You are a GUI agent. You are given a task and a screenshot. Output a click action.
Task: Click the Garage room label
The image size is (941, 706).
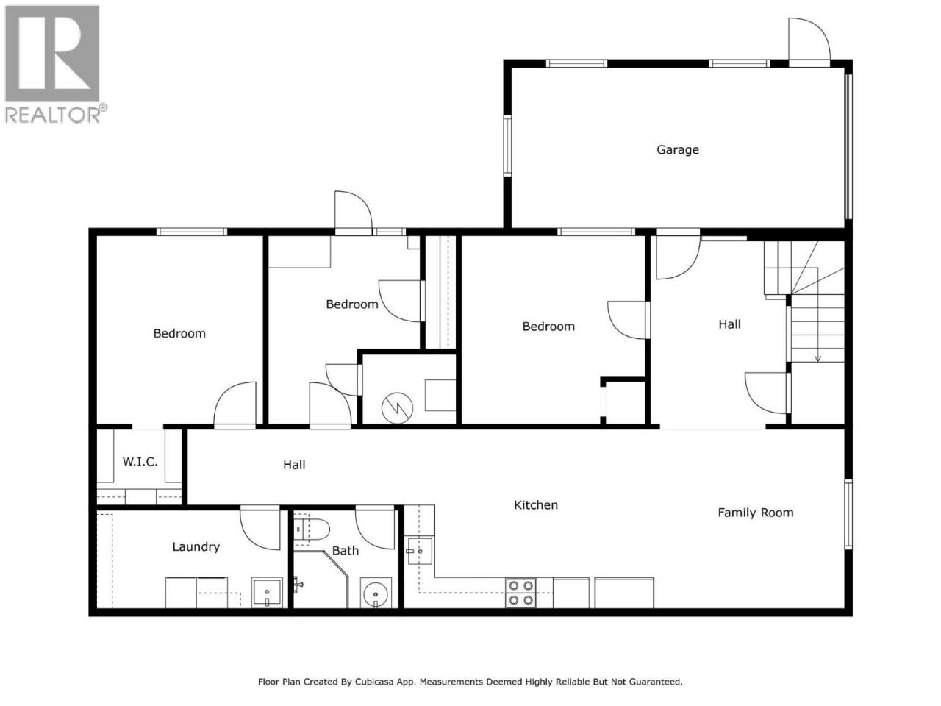(x=677, y=149)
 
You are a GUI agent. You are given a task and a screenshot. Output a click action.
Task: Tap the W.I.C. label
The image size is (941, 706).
(x=140, y=462)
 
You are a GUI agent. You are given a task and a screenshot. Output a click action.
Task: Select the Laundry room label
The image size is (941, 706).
(x=196, y=547)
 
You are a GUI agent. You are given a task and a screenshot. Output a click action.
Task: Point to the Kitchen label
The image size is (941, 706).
(x=535, y=505)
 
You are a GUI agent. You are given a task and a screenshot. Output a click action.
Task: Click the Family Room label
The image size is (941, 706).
(x=755, y=513)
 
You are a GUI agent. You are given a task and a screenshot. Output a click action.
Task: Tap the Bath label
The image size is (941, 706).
(x=345, y=550)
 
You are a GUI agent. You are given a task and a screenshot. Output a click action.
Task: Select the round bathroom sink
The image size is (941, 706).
(x=376, y=593)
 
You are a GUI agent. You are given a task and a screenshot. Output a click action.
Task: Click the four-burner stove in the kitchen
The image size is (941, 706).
(x=521, y=593)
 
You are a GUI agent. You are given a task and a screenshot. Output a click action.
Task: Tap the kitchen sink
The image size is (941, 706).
(x=419, y=552)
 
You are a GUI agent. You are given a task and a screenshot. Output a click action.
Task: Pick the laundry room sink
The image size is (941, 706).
(x=267, y=593)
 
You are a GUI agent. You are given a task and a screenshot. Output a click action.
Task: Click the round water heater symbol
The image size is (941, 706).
(x=397, y=407)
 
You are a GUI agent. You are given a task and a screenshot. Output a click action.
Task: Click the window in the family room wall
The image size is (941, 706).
(x=848, y=514)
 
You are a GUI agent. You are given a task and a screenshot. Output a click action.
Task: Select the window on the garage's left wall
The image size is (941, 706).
(x=507, y=146)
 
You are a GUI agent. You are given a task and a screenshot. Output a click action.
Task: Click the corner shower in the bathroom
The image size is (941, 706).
(x=321, y=579)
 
